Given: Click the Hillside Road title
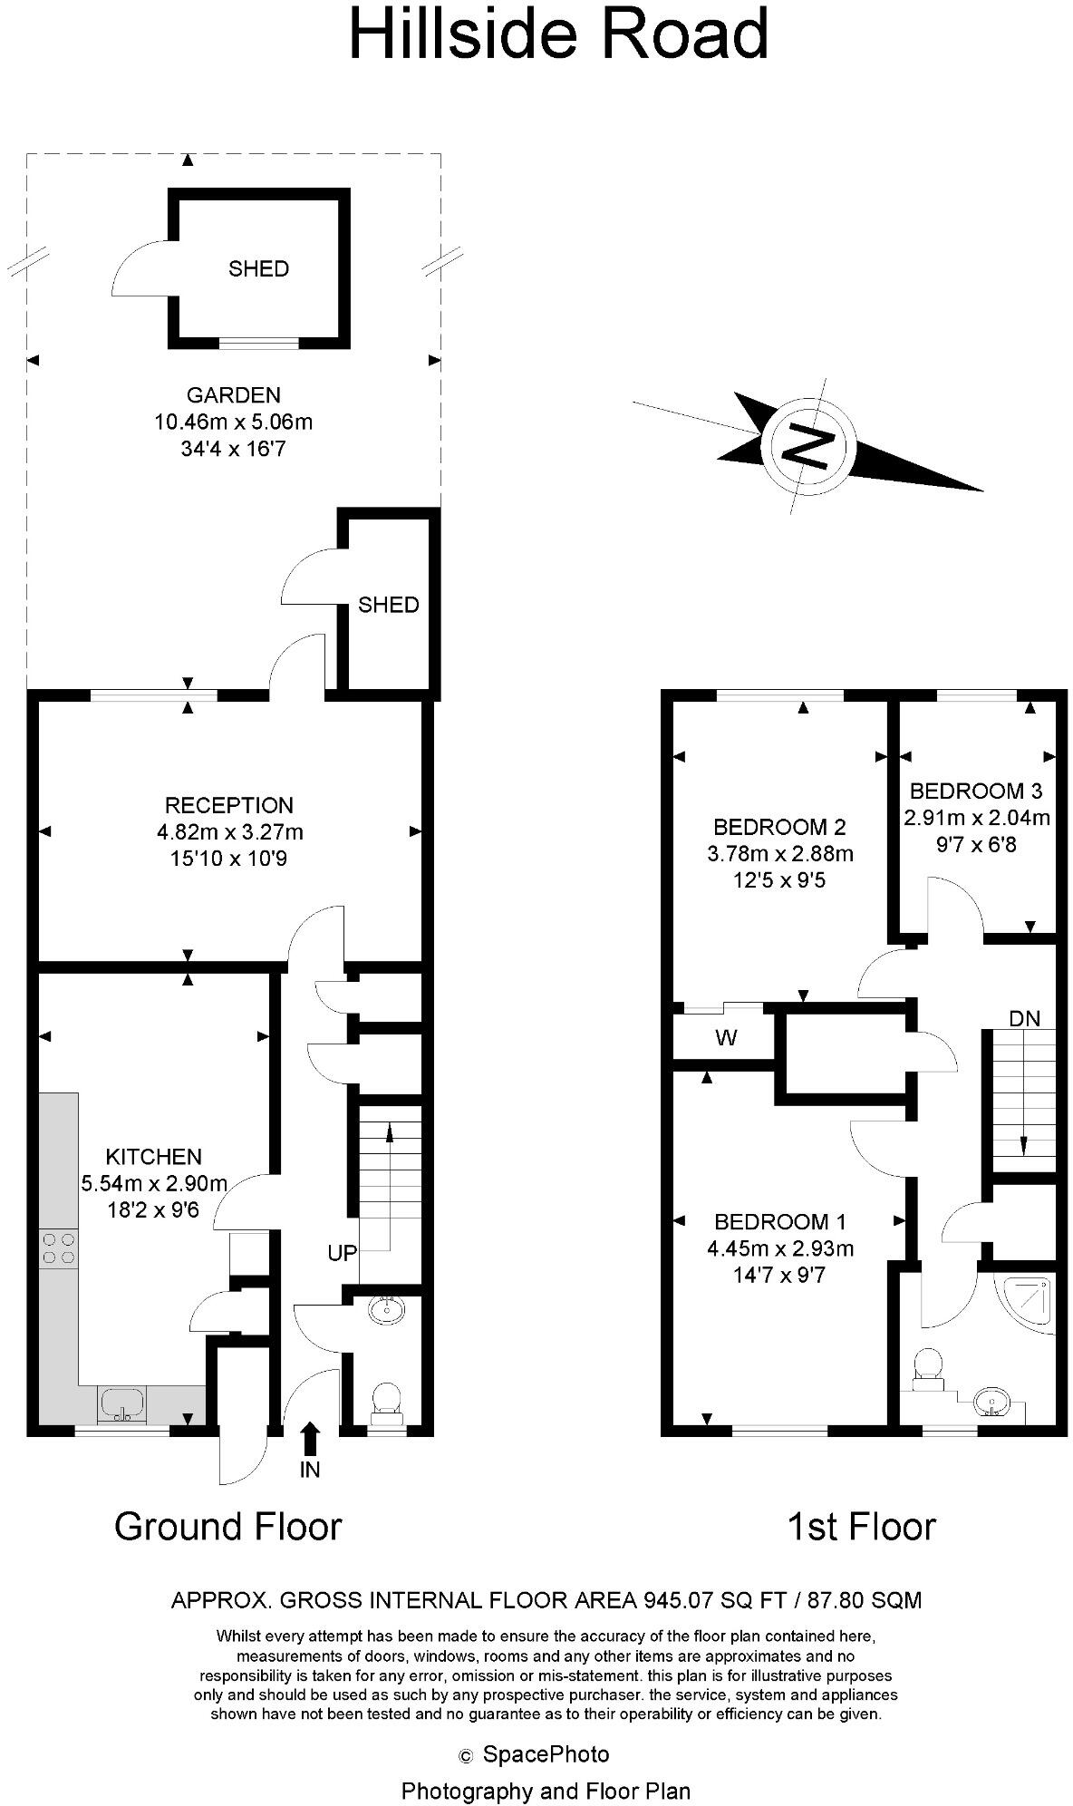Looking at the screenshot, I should coord(558,34).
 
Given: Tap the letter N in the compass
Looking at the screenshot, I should coord(806,445).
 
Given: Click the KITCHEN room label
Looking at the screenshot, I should coord(153,1156).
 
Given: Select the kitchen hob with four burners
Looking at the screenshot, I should coord(58,1248).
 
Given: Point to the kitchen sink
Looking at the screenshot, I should coord(121,1403).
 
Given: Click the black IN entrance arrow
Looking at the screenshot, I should coord(310,1439).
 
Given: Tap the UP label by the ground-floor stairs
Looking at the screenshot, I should coord(343,1253).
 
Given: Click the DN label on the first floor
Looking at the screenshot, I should coord(1025,1018).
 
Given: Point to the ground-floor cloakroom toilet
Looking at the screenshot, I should coord(387,1401).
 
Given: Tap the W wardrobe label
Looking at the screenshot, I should coord(726,1038).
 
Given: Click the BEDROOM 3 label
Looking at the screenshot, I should coord(976,791).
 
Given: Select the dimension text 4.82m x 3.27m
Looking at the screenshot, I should coord(229,831).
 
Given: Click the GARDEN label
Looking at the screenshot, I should coord(233,395).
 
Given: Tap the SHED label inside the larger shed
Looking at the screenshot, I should coord(258,268).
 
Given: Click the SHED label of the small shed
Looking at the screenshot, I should coord(388,605).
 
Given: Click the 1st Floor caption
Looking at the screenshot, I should coord(860,1527).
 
